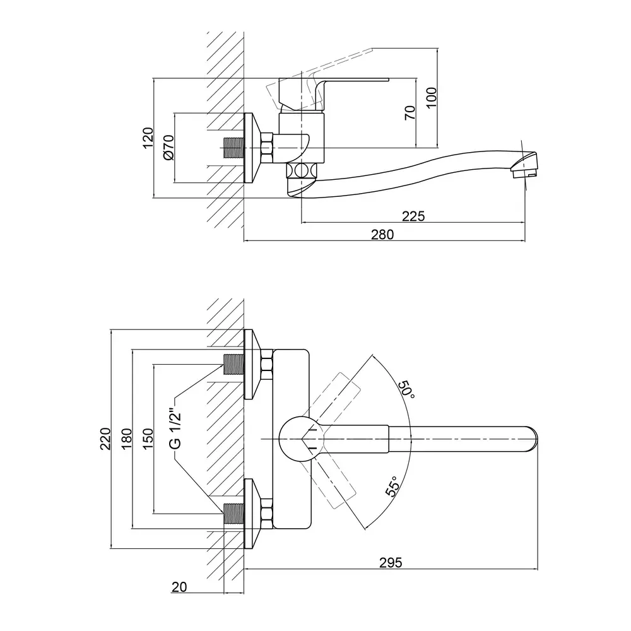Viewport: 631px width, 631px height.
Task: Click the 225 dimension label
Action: [414, 216]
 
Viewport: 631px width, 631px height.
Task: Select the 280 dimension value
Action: [382, 235]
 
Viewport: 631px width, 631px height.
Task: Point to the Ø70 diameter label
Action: [168, 149]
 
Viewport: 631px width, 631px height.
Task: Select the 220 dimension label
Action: [105, 439]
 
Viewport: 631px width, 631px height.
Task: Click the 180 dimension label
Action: [126, 439]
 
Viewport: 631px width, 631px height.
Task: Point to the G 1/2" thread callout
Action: [176, 429]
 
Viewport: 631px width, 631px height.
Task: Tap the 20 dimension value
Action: [179, 587]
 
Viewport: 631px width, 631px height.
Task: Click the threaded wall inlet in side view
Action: [234, 149]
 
